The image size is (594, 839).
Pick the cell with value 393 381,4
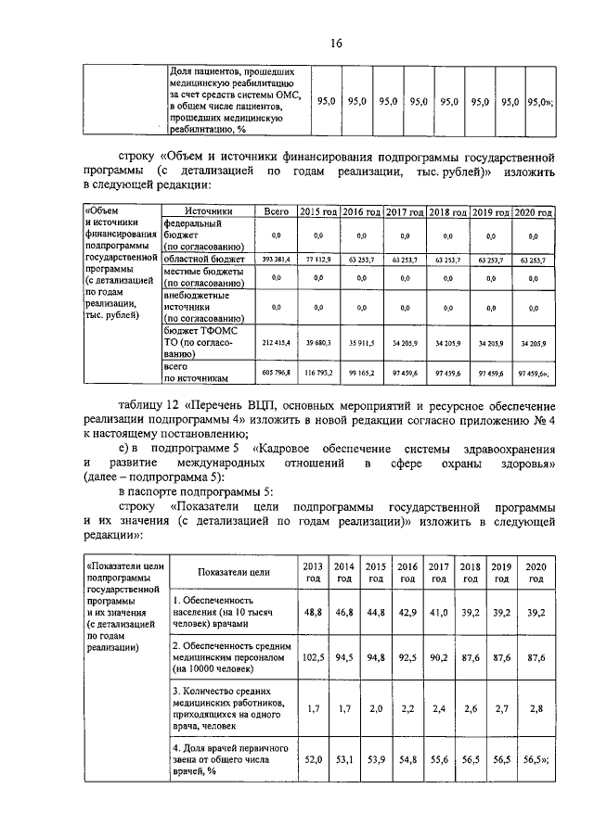(276, 261)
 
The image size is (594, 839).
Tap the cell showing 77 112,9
(318, 261)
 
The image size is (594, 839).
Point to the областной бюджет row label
(203, 261)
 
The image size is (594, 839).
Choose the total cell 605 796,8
(276, 373)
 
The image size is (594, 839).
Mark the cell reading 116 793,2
(318, 373)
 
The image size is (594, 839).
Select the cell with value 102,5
(313, 658)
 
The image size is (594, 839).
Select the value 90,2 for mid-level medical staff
(438, 658)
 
